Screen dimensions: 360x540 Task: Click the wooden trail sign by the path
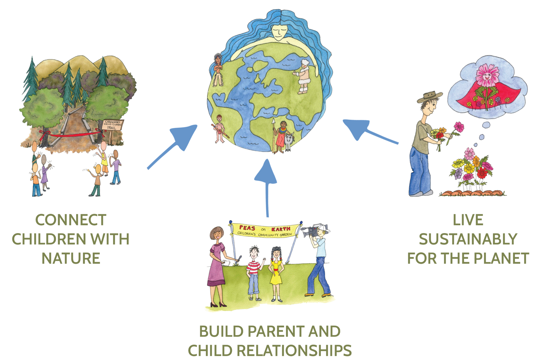click(113, 125)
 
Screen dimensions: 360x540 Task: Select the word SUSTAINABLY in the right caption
click(468, 239)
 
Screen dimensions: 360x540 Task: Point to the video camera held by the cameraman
click(311, 230)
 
